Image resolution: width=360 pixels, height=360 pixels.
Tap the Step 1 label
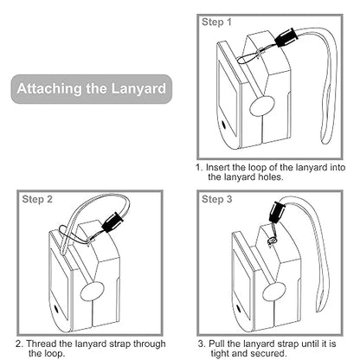click(216, 22)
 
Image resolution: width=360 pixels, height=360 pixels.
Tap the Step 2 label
click(37, 199)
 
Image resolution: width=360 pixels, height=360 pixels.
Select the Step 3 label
click(216, 199)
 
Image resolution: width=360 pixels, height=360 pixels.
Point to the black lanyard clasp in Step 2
click(112, 222)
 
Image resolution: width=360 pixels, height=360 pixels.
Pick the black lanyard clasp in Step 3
click(276, 212)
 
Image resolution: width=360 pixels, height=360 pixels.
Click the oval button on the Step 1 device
click(261, 106)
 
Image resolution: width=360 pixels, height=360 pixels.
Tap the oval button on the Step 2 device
click(92, 292)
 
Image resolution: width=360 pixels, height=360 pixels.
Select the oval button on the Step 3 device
click(273, 292)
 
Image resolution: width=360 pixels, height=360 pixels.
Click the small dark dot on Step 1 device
click(223, 125)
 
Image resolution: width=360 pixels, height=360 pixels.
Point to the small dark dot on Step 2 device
click(56, 309)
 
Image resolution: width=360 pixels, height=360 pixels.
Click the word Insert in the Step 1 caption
click(217, 168)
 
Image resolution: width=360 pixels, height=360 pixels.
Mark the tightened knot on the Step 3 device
click(272, 240)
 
